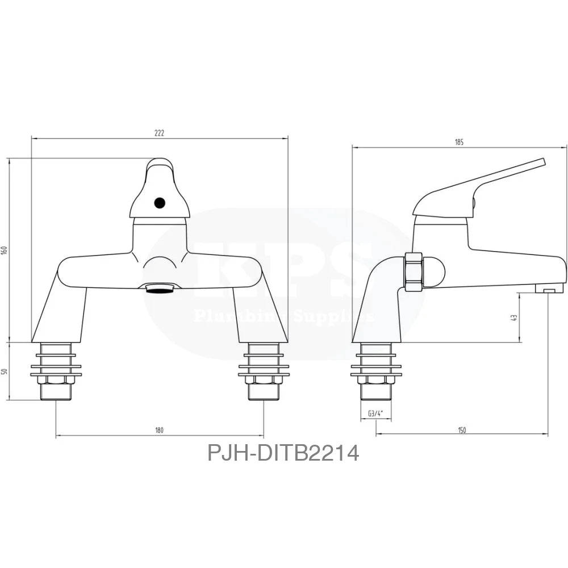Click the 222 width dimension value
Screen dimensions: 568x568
click(x=159, y=133)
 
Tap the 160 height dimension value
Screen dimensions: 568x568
click(x=5, y=250)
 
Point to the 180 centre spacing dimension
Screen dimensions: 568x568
click(x=159, y=431)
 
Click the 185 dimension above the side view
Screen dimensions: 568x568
click(x=459, y=143)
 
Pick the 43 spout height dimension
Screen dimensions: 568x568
click(x=515, y=318)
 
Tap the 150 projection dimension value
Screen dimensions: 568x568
click(x=461, y=431)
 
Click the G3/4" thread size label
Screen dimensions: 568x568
click(x=375, y=414)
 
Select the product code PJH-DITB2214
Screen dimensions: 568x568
click(x=283, y=453)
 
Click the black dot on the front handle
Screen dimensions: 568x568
click(x=160, y=202)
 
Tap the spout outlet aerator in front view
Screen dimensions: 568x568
click(x=160, y=289)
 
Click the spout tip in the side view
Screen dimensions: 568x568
click(x=549, y=288)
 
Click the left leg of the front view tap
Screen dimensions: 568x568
click(x=60, y=312)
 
